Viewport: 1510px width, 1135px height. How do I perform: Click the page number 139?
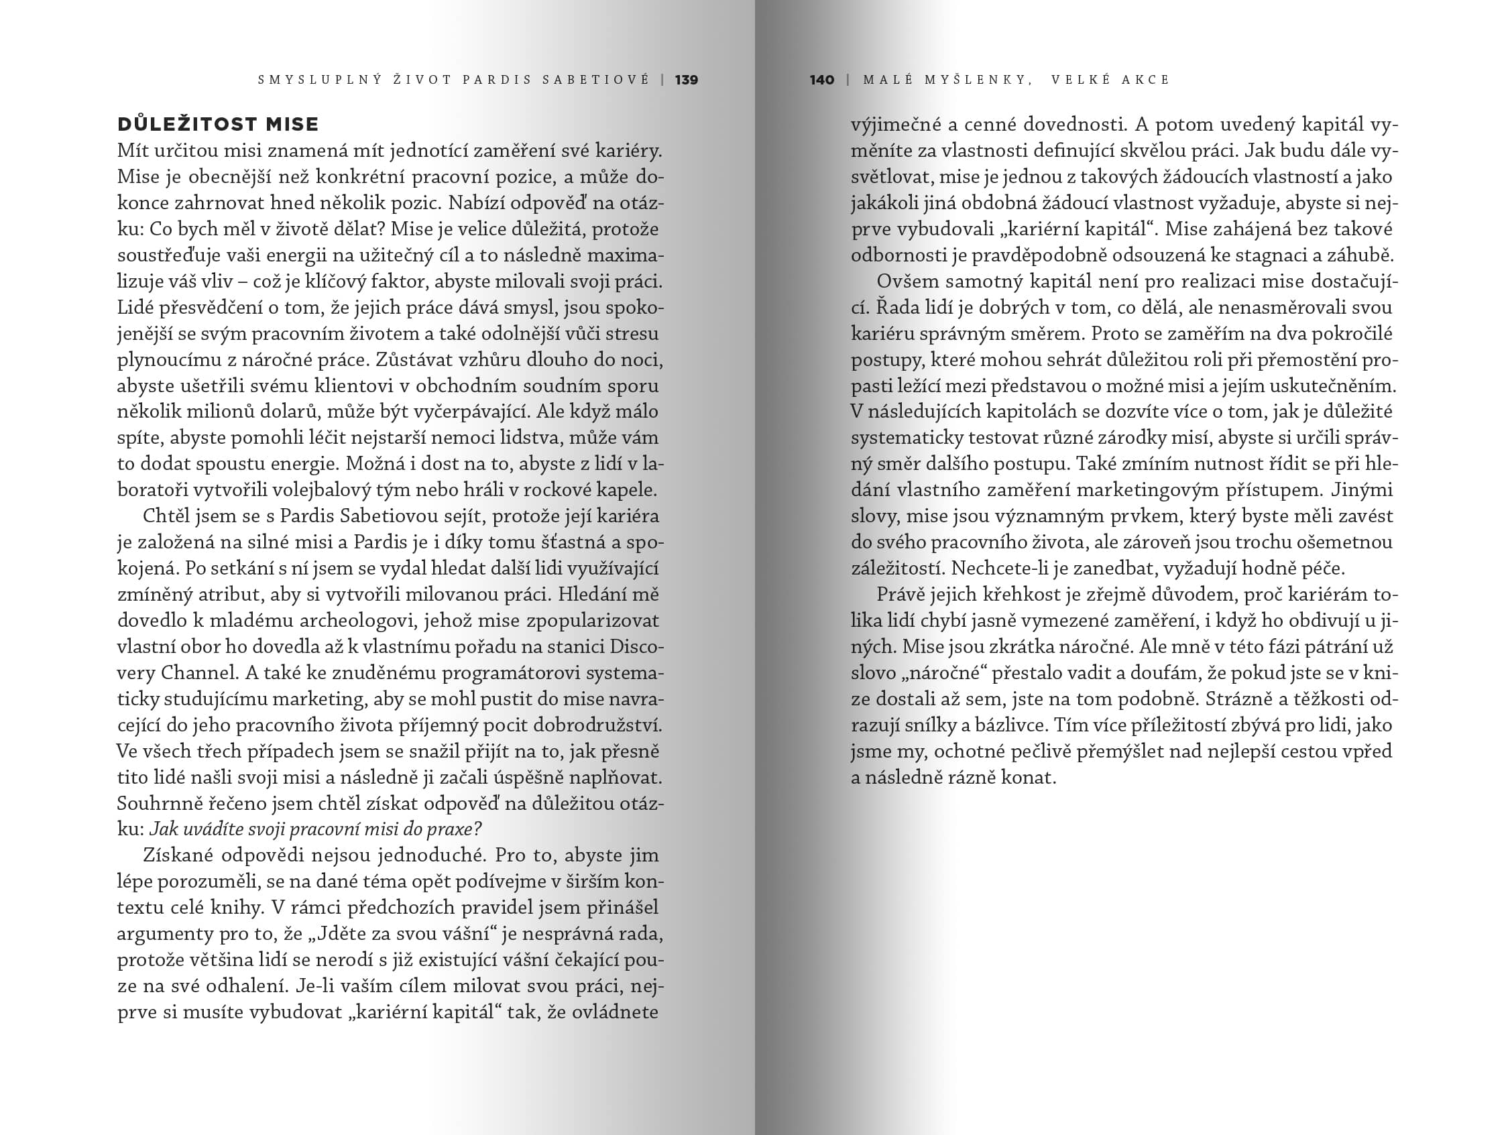click(x=686, y=80)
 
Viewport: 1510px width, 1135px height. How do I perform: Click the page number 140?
click(x=822, y=80)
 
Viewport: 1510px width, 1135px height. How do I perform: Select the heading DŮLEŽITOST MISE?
click(x=219, y=124)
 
